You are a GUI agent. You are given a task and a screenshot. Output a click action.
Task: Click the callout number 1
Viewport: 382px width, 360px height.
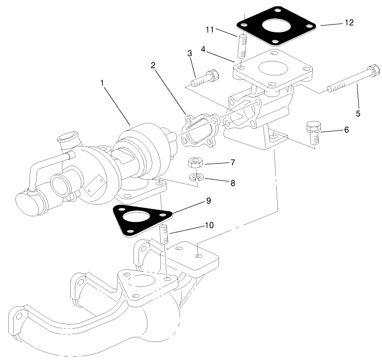pyautogui.click(x=102, y=83)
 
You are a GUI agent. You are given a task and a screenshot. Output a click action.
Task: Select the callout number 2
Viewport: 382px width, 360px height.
pyautogui.click(x=153, y=65)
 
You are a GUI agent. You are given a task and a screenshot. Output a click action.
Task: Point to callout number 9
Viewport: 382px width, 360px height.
pyautogui.click(x=208, y=201)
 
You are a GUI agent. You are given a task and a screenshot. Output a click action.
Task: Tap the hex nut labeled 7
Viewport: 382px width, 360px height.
pyautogui.click(x=196, y=163)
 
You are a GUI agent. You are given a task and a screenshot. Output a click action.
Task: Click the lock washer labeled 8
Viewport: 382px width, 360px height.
pyautogui.click(x=197, y=177)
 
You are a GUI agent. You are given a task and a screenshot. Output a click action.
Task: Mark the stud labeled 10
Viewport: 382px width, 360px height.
pyautogui.click(x=164, y=233)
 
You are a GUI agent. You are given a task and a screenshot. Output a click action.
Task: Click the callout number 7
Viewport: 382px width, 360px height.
pyautogui.click(x=233, y=163)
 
